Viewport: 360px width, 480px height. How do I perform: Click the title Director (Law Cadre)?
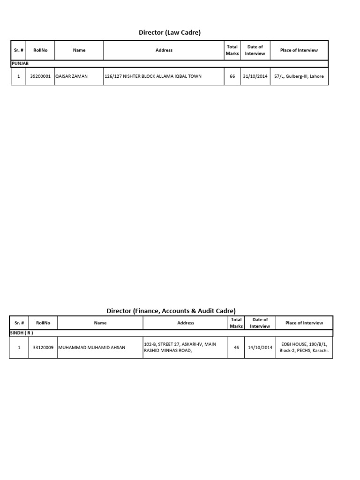click(x=169, y=32)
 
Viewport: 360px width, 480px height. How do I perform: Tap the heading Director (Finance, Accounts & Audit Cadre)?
click(x=171, y=311)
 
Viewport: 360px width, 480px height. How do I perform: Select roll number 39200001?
click(x=40, y=76)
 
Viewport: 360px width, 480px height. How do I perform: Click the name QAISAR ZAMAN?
click(x=71, y=76)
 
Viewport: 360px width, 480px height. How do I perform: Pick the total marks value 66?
click(x=232, y=76)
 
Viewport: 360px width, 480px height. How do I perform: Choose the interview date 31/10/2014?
click(x=255, y=76)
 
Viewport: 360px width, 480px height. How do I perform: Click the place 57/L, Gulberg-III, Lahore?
click(x=299, y=76)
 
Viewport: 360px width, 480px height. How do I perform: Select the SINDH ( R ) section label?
click(x=21, y=332)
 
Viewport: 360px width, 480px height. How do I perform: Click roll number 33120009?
click(x=43, y=348)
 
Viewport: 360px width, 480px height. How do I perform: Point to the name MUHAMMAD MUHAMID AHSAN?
click(x=92, y=348)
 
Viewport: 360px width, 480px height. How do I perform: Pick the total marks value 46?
click(x=236, y=348)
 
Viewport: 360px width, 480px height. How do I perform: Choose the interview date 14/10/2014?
click(x=260, y=348)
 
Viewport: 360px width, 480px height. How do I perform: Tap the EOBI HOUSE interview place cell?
click(x=304, y=347)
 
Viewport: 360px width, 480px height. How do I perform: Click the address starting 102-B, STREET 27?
click(x=180, y=347)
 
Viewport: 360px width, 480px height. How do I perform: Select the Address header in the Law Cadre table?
click(x=164, y=50)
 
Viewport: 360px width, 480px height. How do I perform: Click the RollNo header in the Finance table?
click(x=43, y=323)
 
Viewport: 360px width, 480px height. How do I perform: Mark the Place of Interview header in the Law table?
click(x=299, y=50)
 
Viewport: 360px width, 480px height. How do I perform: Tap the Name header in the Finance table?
click(x=100, y=323)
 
